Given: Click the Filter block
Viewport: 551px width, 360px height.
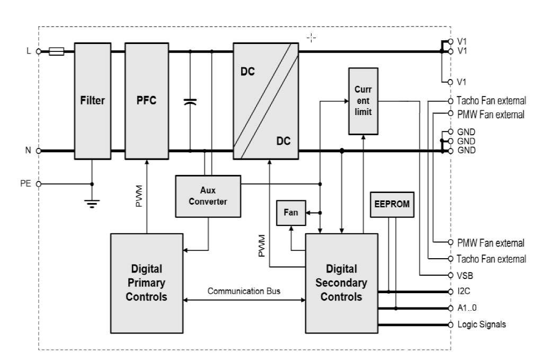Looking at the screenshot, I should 92,101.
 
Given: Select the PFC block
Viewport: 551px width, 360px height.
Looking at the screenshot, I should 146,101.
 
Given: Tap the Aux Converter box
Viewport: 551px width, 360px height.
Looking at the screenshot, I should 208,196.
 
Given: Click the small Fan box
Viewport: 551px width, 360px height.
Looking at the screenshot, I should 291,213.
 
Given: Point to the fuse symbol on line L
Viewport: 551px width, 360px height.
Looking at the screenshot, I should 56,51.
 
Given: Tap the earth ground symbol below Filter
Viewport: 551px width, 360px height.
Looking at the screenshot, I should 92,203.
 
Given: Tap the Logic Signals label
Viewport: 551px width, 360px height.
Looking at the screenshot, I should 481,324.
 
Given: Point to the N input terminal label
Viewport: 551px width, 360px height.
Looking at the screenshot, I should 28,151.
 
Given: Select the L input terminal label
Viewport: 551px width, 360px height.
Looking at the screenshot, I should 28,51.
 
